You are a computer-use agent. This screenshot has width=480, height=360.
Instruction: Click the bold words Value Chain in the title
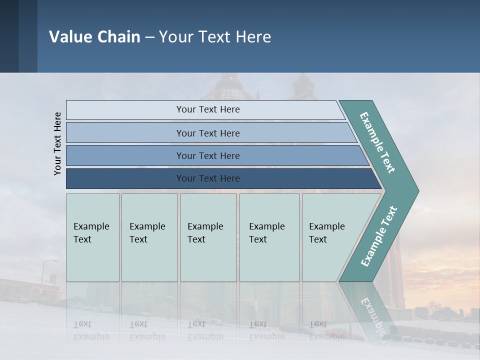click(94, 37)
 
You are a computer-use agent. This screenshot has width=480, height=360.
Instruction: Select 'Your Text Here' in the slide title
click(215, 37)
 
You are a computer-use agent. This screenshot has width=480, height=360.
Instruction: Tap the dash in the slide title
click(149, 37)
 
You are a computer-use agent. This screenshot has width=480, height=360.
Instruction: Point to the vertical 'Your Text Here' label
click(57, 143)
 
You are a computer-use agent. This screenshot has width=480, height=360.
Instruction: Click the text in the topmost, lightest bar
click(208, 109)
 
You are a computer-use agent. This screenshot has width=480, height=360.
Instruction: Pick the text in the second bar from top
click(208, 133)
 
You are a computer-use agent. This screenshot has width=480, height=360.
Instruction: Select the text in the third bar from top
click(208, 156)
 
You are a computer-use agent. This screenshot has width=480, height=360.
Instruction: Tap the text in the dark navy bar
click(208, 178)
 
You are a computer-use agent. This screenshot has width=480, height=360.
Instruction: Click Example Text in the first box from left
click(91, 232)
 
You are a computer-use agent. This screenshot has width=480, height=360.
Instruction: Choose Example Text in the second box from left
click(147, 232)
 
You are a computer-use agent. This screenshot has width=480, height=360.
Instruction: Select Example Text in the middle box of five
click(205, 232)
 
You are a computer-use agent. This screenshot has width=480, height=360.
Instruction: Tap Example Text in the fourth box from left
click(266, 232)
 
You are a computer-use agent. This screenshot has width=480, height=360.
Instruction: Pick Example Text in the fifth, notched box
click(326, 232)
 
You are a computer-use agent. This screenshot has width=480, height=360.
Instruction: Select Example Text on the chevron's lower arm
click(379, 236)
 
